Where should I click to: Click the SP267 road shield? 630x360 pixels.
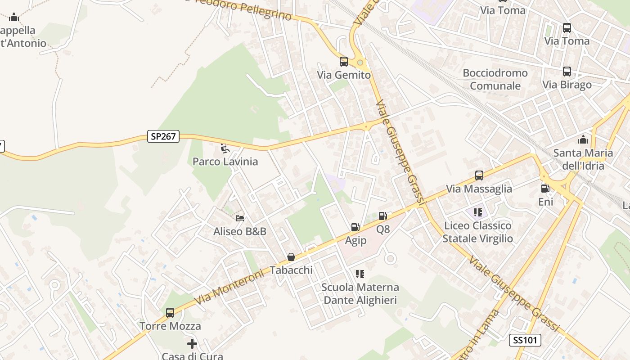(x=163, y=136)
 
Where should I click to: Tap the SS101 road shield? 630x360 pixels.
(x=525, y=340)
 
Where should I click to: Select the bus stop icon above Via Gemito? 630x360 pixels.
(x=344, y=62)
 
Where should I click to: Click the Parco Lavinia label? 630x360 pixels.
(x=225, y=162)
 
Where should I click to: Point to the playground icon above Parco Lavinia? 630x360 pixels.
(x=225, y=148)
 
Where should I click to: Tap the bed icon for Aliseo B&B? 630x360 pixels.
(x=240, y=218)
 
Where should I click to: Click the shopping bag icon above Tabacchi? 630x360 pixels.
(x=291, y=257)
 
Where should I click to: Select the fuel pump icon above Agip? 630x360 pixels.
(x=355, y=227)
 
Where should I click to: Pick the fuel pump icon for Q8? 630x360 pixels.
(x=383, y=216)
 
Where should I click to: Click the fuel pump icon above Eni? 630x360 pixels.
(x=545, y=189)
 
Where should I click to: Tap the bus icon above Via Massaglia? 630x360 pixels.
(x=479, y=175)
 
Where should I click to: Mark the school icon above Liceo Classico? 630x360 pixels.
(x=477, y=212)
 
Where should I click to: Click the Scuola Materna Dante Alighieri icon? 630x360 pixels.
(x=360, y=274)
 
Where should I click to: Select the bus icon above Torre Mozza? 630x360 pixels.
(x=170, y=312)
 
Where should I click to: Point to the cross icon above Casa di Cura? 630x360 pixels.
(x=192, y=344)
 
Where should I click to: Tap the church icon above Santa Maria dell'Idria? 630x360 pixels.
(x=583, y=139)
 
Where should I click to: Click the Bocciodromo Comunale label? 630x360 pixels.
(x=495, y=79)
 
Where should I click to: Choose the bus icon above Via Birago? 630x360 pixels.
(x=567, y=72)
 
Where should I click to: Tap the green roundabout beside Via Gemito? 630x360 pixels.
(x=360, y=63)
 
